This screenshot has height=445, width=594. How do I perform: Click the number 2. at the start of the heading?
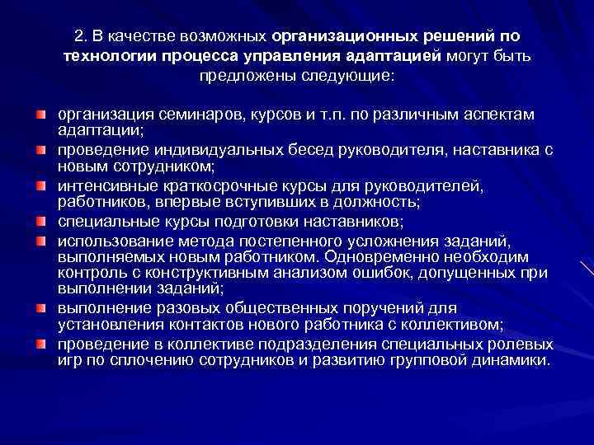click(78, 36)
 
